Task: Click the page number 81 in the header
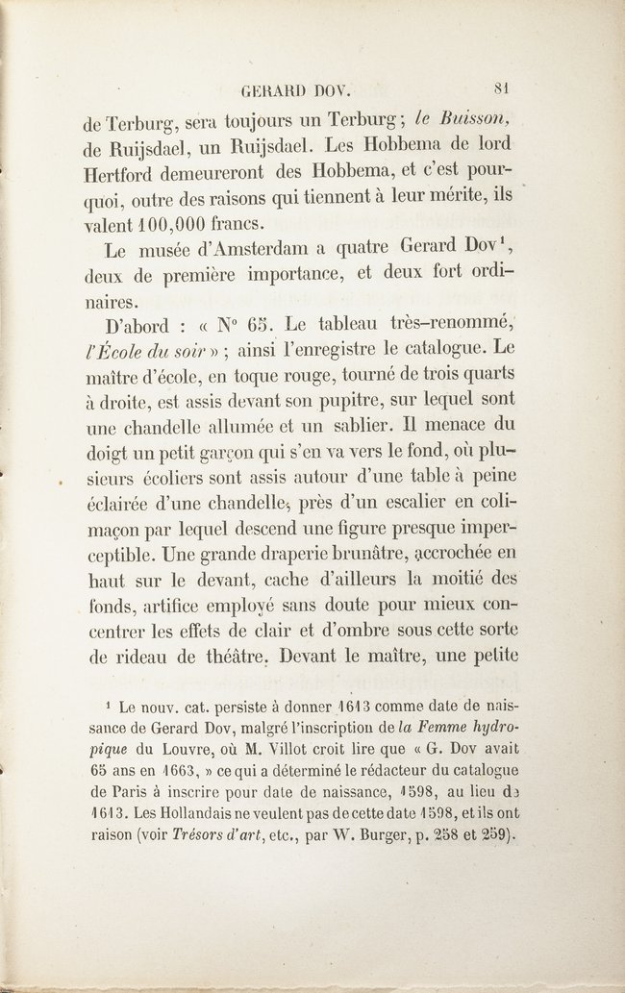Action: [x=500, y=87]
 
